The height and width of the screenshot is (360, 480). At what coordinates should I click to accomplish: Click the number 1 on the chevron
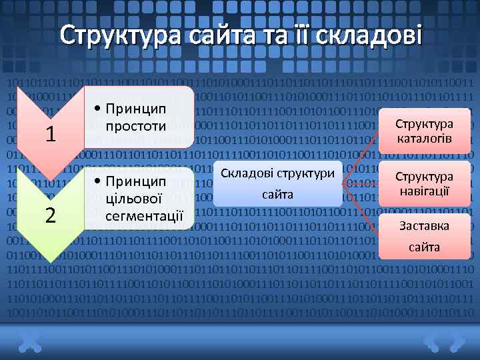(x=49, y=134)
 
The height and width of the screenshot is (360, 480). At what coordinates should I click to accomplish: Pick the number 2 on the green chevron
(x=49, y=215)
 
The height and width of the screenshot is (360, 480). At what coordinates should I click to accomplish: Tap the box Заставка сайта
(x=425, y=236)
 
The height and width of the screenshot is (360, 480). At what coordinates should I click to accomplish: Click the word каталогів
(x=425, y=139)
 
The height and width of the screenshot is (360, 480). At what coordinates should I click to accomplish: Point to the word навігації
(x=425, y=191)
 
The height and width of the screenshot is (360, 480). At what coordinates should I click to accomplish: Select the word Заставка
(x=425, y=226)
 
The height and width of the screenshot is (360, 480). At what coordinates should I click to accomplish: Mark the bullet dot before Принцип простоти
(x=98, y=109)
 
